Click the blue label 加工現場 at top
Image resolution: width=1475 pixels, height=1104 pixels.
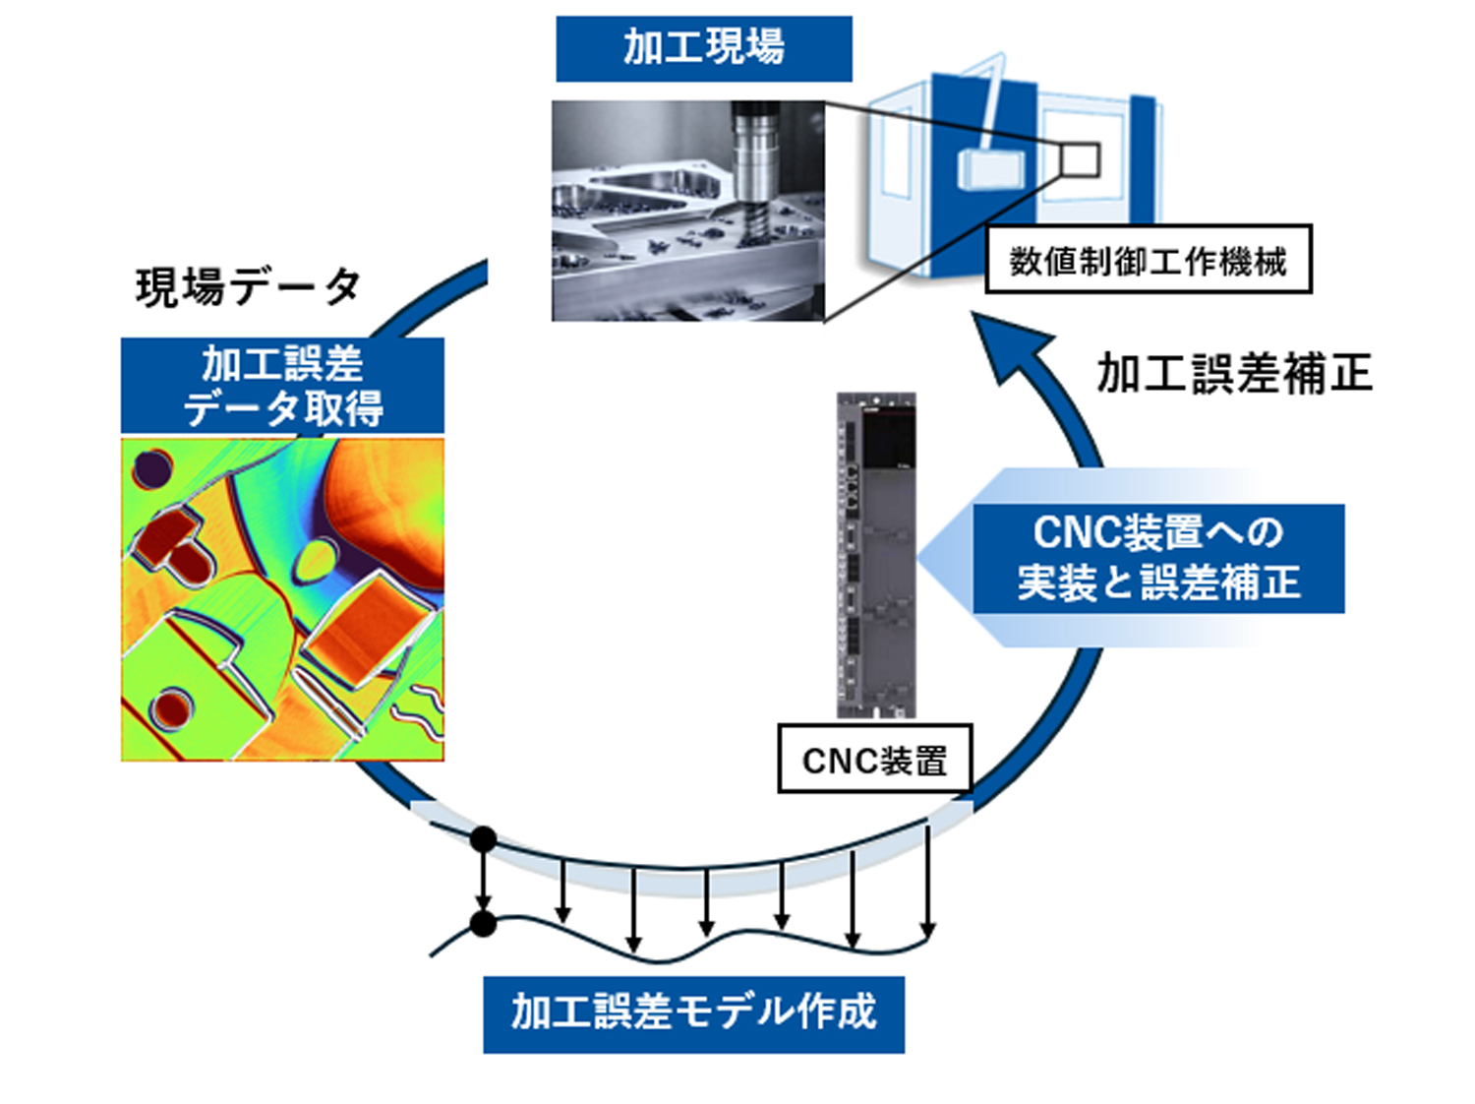pyautogui.click(x=703, y=48)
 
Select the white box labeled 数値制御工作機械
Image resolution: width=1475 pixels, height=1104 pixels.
pyautogui.click(x=1148, y=261)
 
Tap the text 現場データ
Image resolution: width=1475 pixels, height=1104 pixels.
pyautogui.click(x=248, y=286)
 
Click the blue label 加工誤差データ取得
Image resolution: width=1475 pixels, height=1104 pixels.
pyautogui.click(x=282, y=386)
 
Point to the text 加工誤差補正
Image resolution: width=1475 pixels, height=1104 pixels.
pyautogui.click(x=1234, y=374)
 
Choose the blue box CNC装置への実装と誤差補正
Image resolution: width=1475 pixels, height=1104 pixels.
pyautogui.click(x=1157, y=558)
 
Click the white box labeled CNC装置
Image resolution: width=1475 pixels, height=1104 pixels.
pyautogui.click(x=874, y=760)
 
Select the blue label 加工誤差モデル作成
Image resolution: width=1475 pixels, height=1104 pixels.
pyautogui.click(x=693, y=1012)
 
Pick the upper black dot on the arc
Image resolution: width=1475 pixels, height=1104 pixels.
pyautogui.click(x=483, y=839)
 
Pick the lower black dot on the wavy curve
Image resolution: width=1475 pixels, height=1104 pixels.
pyautogui.click(x=483, y=924)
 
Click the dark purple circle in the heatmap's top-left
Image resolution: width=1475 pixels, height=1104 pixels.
pyautogui.click(x=151, y=469)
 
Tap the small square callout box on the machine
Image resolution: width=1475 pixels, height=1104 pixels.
pyautogui.click(x=1080, y=159)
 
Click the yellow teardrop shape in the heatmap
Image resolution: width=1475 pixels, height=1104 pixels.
pyautogui.click(x=317, y=560)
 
